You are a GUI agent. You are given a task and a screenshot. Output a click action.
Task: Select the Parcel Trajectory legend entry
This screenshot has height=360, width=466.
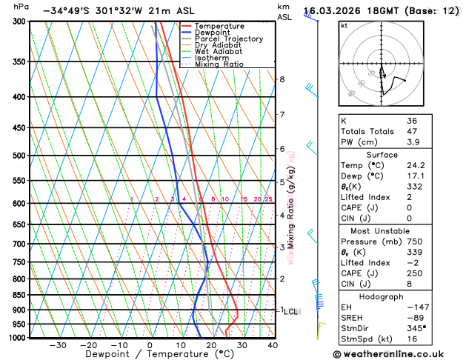click(228, 39)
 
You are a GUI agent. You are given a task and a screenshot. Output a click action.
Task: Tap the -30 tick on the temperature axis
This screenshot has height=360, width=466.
click(57, 345)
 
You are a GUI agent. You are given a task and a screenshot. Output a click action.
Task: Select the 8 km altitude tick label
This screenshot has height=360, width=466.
click(282, 79)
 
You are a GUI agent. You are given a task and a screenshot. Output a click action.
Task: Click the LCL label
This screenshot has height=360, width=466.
click(291, 312)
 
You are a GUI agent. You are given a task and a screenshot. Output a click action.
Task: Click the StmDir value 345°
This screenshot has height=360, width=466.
click(416, 328)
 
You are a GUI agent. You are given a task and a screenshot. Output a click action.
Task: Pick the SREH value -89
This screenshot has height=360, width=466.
click(415, 317)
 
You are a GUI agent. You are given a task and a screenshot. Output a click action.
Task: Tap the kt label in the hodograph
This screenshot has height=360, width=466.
click(344, 25)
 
